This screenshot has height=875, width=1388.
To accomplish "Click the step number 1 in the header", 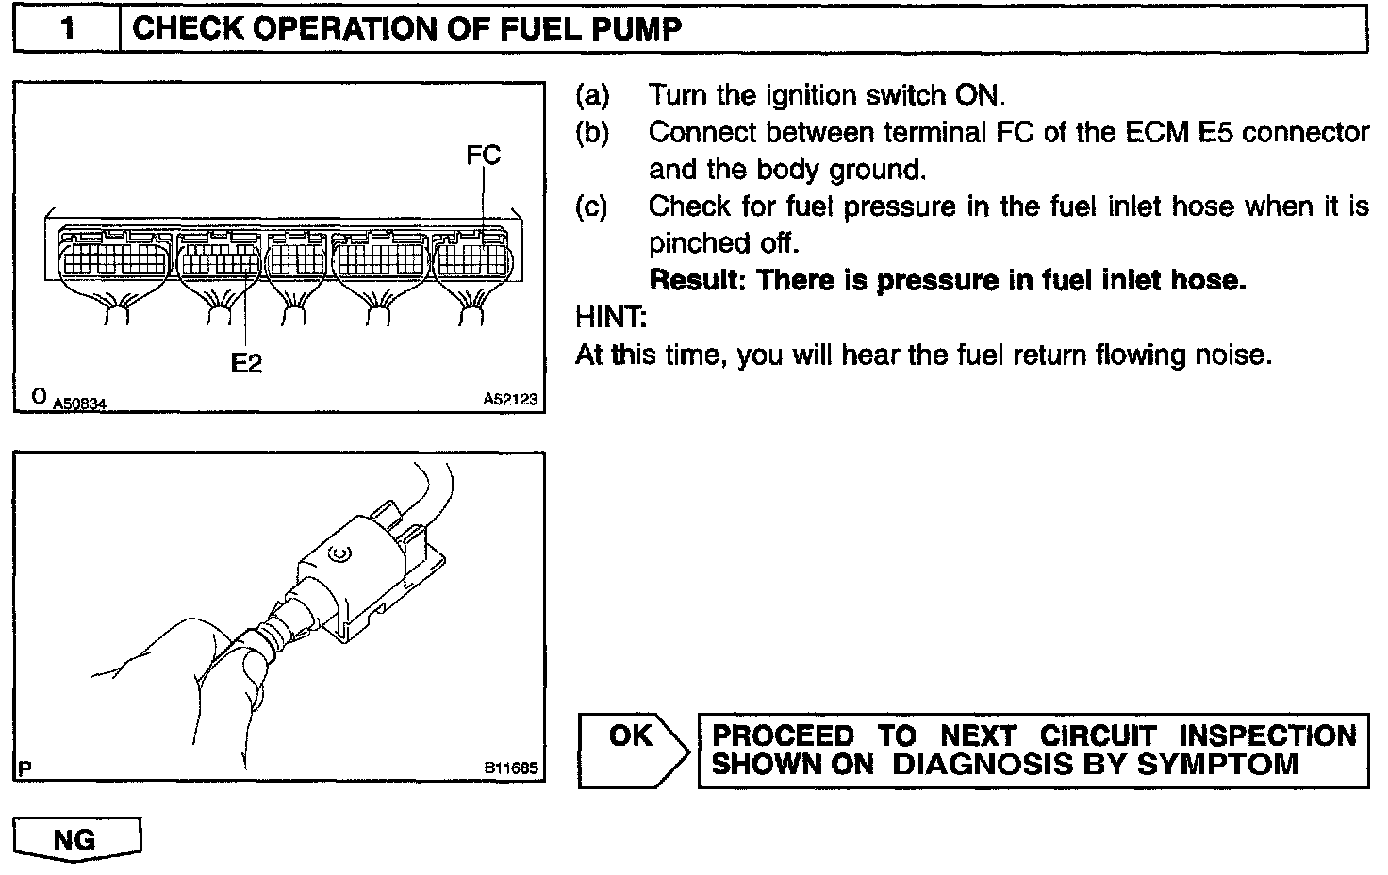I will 67,27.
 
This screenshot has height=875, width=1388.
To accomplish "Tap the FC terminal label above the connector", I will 483,155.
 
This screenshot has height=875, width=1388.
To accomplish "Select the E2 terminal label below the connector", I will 246,362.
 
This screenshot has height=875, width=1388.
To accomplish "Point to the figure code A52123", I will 510,400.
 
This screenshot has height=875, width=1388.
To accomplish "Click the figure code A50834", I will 79,404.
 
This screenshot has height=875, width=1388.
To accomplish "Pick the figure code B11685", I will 511,768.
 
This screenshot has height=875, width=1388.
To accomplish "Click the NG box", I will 75,838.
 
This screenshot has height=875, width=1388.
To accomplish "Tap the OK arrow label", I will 630,735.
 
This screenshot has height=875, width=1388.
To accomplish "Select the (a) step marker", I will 592,95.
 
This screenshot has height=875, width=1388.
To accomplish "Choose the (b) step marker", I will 592,133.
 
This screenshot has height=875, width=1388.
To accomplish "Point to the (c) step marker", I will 592,206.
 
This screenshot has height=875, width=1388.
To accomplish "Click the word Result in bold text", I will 697,280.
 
